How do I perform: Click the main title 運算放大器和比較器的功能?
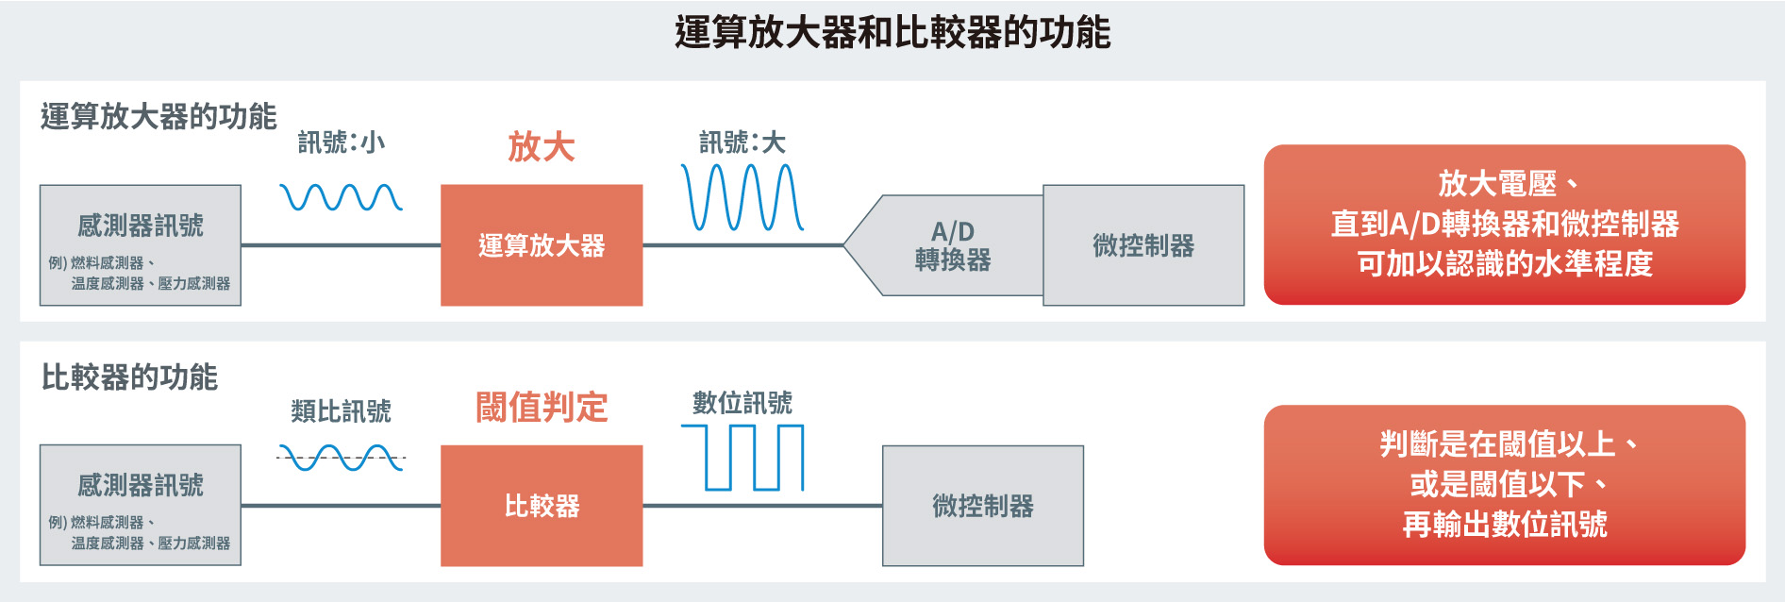coord(892,33)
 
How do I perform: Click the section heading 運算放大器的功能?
coord(158,117)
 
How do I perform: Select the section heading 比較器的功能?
coord(129,377)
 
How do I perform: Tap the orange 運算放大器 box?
coord(542,245)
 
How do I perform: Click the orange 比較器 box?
coord(542,506)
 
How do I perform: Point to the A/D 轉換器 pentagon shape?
coord(943,245)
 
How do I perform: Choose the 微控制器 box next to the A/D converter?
coord(1143,245)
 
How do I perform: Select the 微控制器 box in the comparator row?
coord(983,506)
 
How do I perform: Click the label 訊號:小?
coord(342,142)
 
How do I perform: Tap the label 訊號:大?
coord(742,142)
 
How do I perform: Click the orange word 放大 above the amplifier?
coord(542,147)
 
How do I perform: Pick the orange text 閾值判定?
coord(542,408)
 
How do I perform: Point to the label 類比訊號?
coord(342,411)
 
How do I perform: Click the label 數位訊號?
coord(742,403)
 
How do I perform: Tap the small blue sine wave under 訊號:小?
coord(342,197)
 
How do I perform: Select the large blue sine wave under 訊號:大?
coord(742,197)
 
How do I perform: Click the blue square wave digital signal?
coord(742,458)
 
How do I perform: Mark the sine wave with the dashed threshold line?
coord(342,458)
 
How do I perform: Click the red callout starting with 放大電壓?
coord(1505,225)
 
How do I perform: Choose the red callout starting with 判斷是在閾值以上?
coord(1505,485)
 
